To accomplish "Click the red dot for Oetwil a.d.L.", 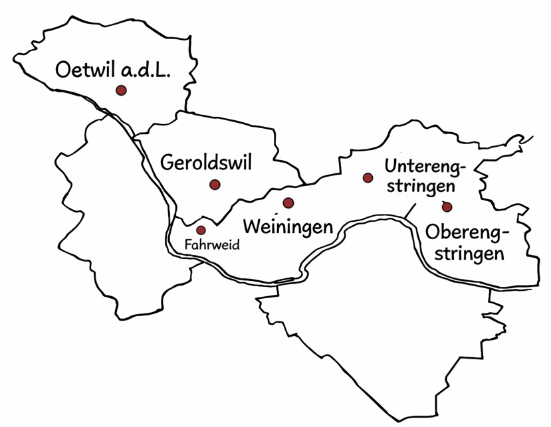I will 121,90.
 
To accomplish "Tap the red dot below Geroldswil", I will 214,185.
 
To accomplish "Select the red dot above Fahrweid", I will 201,230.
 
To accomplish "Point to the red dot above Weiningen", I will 288,203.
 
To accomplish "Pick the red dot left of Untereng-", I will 368,177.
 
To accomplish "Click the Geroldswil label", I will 207,163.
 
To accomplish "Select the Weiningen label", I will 288,226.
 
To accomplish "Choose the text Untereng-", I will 425,165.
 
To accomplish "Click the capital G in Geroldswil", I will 169,163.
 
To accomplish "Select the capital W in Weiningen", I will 253,225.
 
